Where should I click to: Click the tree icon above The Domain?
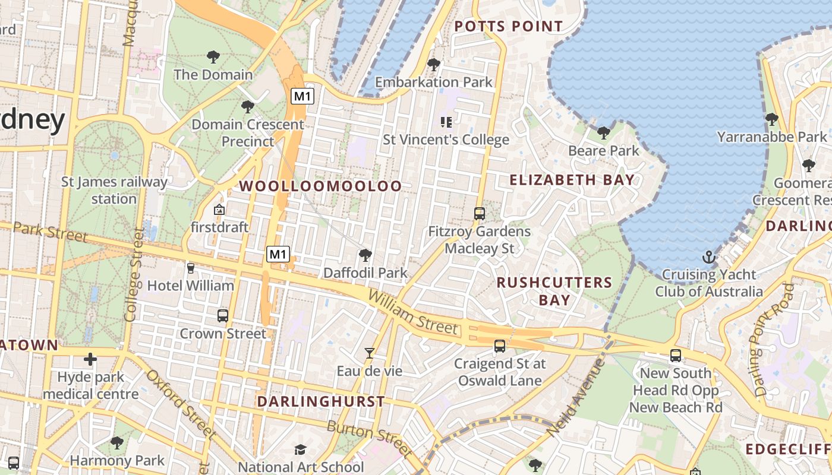pyautogui.click(x=213, y=58)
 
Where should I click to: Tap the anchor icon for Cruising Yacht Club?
pyautogui.click(x=708, y=257)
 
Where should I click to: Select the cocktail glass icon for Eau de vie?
pyautogui.click(x=370, y=353)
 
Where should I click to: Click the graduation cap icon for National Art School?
pyautogui.click(x=301, y=449)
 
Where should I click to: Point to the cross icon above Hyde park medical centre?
pyautogui.click(x=90, y=359)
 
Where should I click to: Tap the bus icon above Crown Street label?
pyautogui.click(x=223, y=316)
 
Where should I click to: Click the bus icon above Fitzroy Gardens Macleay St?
pyautogui.click(x=479, y=214)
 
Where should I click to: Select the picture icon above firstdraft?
pyautogui.click(x=219, y=210)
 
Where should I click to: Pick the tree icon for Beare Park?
pyautogui.click(x=604, y=132)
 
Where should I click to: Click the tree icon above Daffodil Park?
pyautogui.click(x=365, y=255)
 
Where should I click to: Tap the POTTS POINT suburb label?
pyautogui.click(x=508, y=26)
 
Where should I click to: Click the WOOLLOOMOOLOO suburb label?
pyautogui.click(x=320, y=186)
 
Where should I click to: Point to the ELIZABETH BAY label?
pyautogui.click(x=572, y=180)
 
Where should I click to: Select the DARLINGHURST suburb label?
pyautogui.click(x=321, y=401)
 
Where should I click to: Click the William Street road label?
pyautogui.click(x=414, y=313)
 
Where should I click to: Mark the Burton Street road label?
pyautogui.click(x=369, y=439)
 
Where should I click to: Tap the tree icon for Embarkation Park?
pyautogui.click(x=434, y=64)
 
